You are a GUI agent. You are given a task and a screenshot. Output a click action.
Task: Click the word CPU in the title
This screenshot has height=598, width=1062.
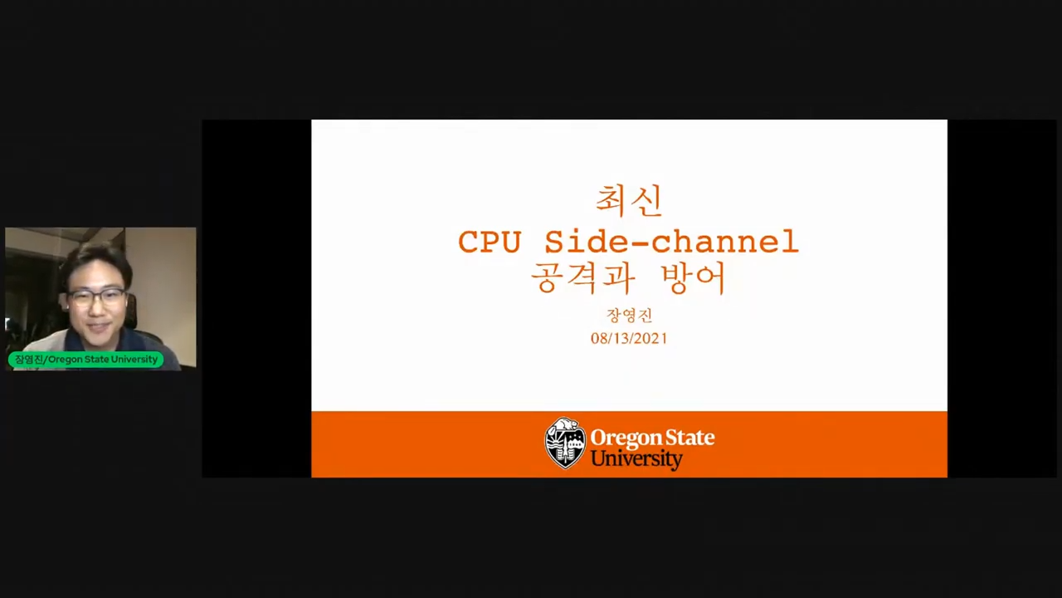tap(490, 242)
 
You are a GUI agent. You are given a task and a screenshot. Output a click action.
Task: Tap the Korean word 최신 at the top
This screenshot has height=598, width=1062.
tap(629, 201)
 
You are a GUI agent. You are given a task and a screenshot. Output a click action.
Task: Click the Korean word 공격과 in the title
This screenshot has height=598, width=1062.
tap(582, 278)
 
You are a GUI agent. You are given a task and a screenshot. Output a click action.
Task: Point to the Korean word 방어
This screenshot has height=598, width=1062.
tap(693, 278)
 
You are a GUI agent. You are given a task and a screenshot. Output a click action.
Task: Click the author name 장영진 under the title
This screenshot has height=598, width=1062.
tap(629, 315)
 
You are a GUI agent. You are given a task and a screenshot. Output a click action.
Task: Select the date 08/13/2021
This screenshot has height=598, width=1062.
tap(629, 338)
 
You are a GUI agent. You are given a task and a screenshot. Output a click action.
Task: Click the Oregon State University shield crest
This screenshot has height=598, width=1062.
tap(564, 444)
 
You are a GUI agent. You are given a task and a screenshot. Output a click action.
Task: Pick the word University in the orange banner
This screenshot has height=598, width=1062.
tap(636, 459)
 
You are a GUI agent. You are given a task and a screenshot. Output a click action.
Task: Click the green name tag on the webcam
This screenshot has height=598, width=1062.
tap(85, 360)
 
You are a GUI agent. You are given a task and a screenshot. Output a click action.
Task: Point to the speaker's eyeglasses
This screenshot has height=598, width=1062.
tap(97, 297)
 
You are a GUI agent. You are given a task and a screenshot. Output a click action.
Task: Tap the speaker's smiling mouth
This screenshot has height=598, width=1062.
tap(100, 328)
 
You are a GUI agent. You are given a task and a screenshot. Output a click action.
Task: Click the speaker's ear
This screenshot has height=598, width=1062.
tap(127, 304)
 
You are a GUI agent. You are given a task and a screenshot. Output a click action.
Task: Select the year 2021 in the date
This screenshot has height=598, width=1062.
tap(650, 338)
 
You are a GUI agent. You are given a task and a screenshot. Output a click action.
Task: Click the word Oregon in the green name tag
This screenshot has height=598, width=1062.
tap(64, 360)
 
